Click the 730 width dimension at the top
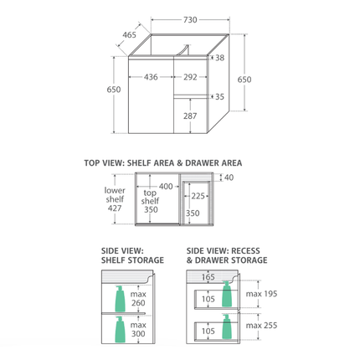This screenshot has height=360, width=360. (190, 20)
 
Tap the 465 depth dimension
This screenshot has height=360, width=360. (130, 35)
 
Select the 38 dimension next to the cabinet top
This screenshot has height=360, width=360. (219, 58)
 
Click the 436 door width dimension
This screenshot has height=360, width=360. (151, 77)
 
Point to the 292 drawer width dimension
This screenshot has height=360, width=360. (190, 77)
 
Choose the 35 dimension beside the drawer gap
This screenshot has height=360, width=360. (219, 96)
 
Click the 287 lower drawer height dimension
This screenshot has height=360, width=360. (190, 116)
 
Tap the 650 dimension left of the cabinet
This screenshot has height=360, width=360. (114, 90)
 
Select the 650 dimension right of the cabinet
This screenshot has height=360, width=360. (244, 80)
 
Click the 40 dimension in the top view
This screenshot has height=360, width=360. (229, 177)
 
